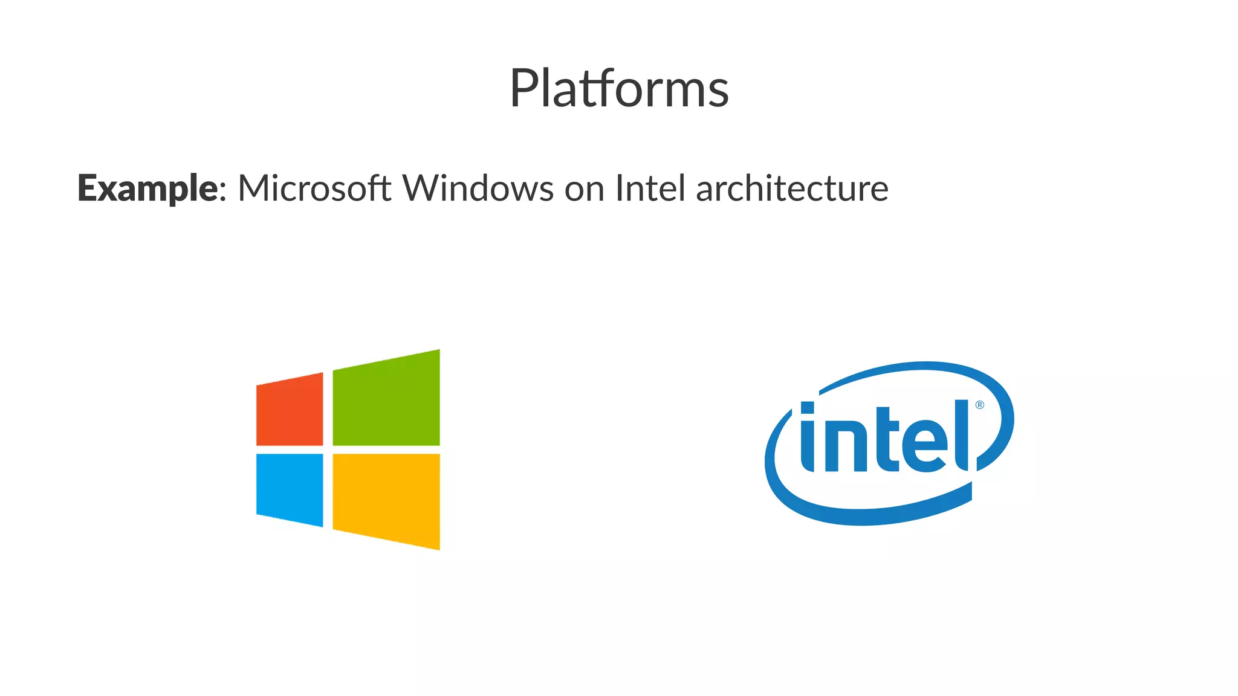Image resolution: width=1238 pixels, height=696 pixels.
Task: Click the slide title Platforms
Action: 619,88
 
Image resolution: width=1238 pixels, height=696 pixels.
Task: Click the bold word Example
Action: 147,188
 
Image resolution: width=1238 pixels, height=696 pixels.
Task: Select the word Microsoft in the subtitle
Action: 314,188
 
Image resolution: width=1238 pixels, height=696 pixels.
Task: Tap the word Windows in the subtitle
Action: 478,188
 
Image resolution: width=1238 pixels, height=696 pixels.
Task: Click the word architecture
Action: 792,188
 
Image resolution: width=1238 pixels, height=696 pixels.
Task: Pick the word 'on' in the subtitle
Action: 584,189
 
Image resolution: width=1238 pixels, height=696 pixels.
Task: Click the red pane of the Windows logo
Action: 290,410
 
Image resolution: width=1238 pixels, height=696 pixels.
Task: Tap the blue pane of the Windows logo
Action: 290,488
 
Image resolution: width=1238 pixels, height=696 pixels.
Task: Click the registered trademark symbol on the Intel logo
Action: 980,405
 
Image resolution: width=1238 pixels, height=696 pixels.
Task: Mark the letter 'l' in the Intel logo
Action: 962,435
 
